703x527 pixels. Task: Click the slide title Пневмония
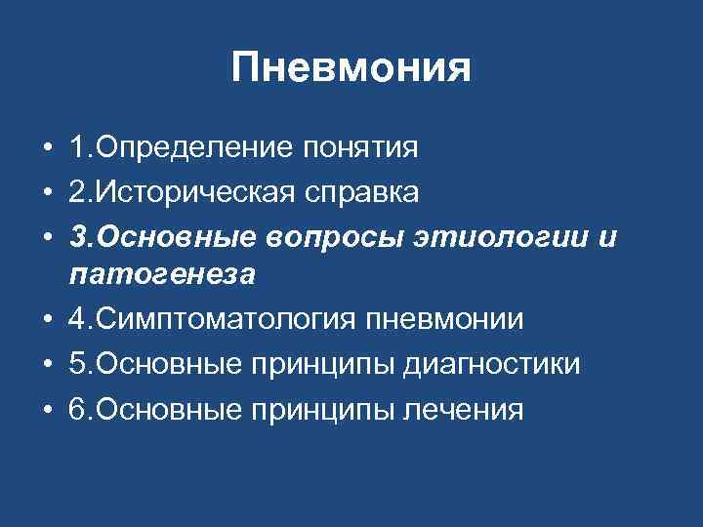[x=351, y=68]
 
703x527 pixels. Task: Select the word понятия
[x=360, y=148]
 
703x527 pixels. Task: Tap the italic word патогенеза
[x=162, y=274]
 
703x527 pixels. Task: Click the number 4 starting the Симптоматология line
[x=77, y=319]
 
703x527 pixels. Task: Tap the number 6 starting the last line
[x=77, y=409]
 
